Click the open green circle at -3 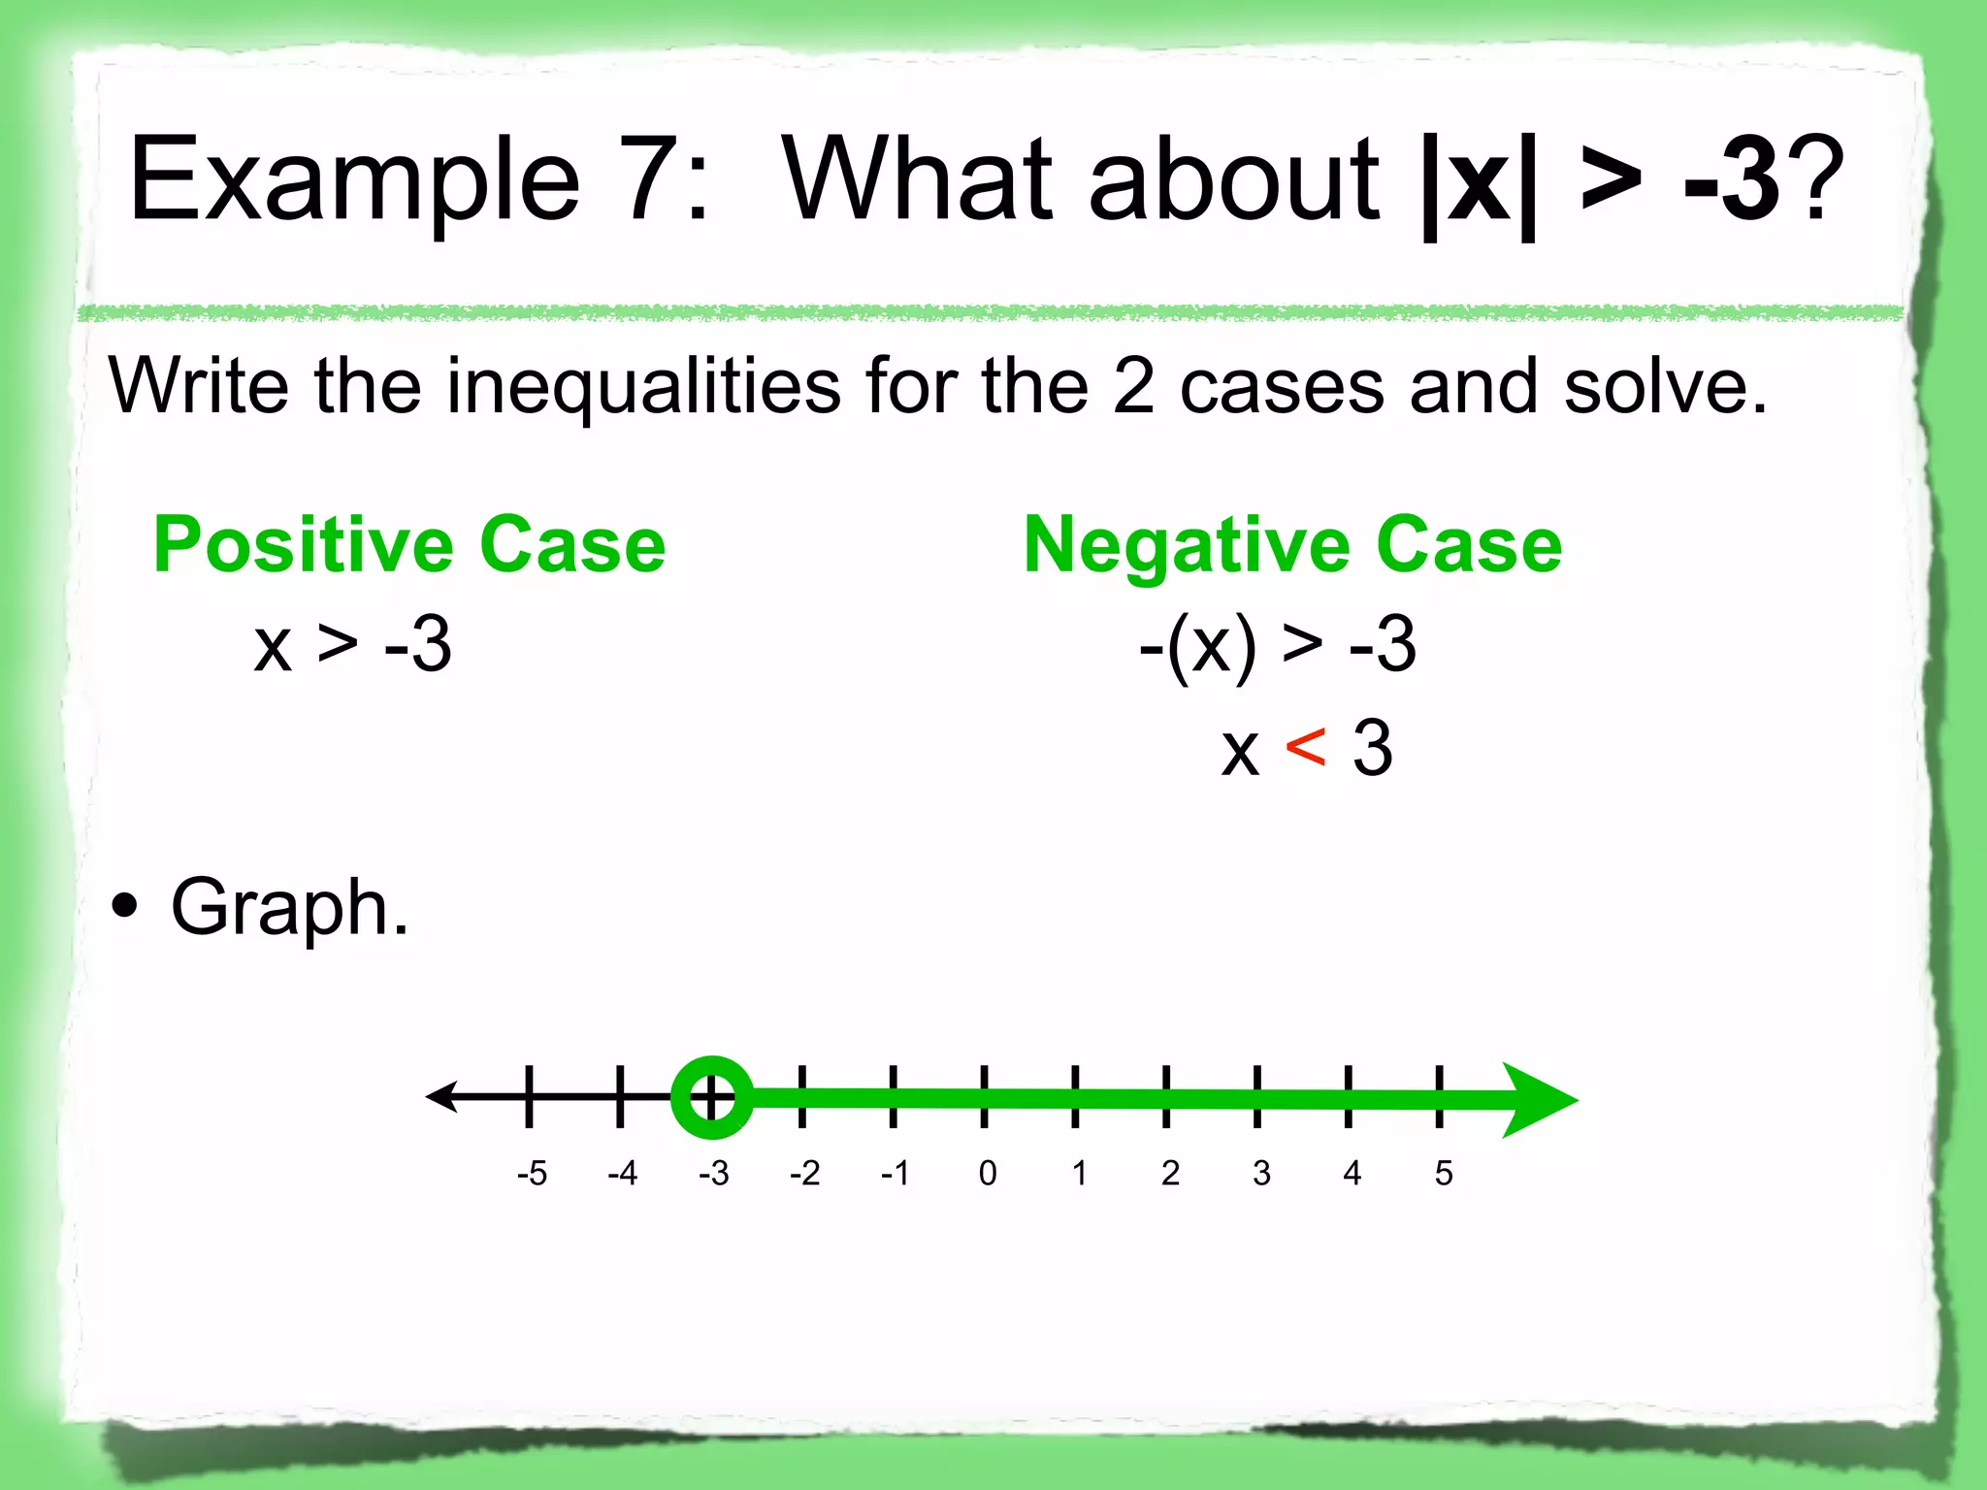[x=711, y=1097]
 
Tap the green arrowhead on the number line [x=1538, y=1100]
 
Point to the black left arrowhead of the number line [x=441, y=1096]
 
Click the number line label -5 [x=532, y=1174]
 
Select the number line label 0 [x=988, y=1174]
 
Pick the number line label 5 [x=1444, y=1174]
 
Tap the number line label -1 [x=895, y=1174]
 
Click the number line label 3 [x=1261, y=1174]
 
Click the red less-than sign [x=1305, y=748]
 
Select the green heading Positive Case [x=409, y=545]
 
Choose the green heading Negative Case [x=1293, y=545]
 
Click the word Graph [x=289, y=908]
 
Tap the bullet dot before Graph [x=125, y=908]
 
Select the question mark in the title [x=1814, y=179]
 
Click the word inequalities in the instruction [x=643, y=386]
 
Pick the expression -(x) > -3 [x=1278, y=645]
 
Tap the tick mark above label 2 [x=1166, y=1096]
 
